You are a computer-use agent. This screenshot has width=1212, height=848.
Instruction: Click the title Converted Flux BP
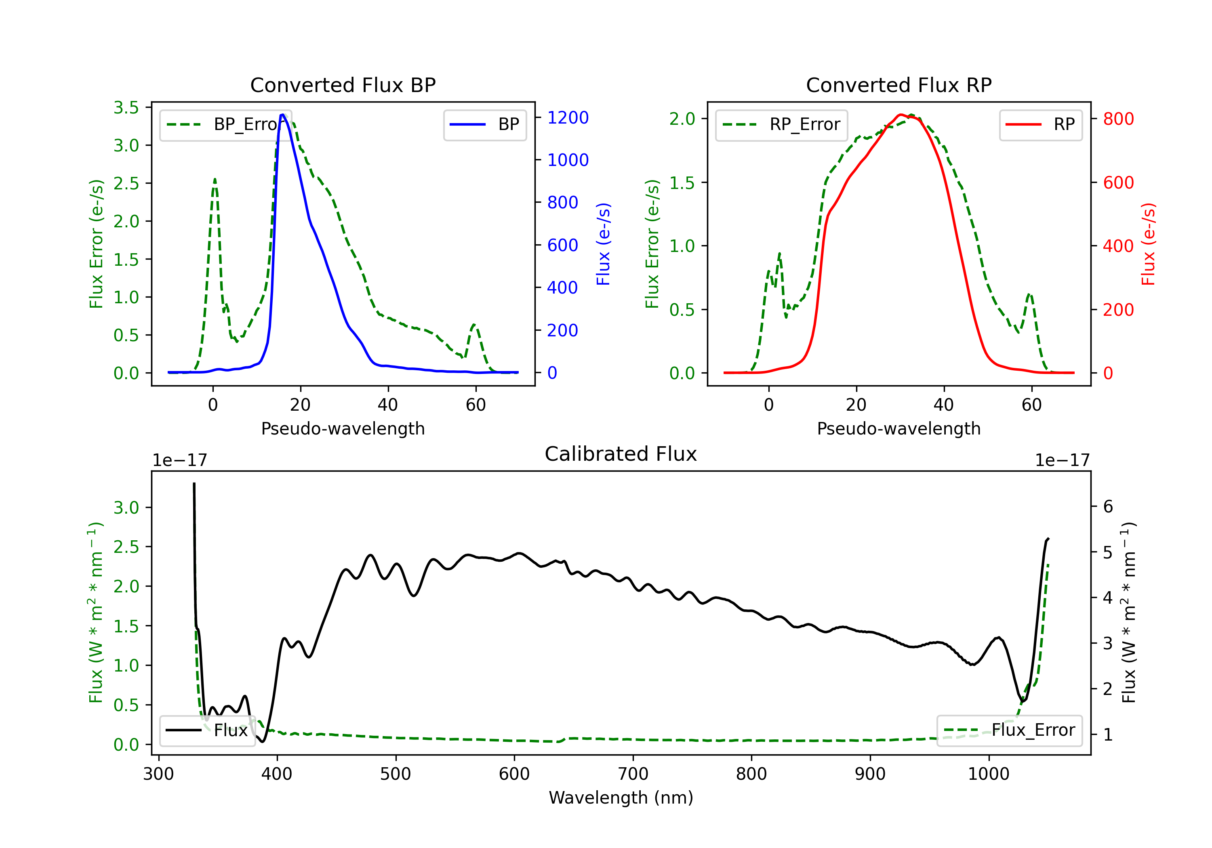[x=343, y=85]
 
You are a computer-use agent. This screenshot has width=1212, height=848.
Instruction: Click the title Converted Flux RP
[x=898, y=85]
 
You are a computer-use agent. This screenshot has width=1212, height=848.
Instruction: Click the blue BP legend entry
[x=484, y=124]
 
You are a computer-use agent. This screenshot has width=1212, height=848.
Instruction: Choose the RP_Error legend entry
[x=781, y=124]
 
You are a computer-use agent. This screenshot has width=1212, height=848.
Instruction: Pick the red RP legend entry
[x=1040, y=124]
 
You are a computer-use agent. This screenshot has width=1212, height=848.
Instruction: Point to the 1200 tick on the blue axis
[x=568, y=118]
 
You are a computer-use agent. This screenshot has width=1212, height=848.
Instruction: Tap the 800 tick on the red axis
[x=1118, y=119]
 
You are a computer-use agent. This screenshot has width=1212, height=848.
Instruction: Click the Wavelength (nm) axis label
[x=621, y=798]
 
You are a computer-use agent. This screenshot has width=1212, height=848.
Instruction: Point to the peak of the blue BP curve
[x=283, y=115]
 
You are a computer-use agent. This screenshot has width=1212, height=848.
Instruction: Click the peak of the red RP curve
[x=901, y=115]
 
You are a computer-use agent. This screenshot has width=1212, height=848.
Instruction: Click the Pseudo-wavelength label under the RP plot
[x=898, y=428]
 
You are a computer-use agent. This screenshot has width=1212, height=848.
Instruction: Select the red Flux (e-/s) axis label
[x=1148, y=244]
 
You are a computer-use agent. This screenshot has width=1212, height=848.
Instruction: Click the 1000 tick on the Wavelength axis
[x=988, y=774]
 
